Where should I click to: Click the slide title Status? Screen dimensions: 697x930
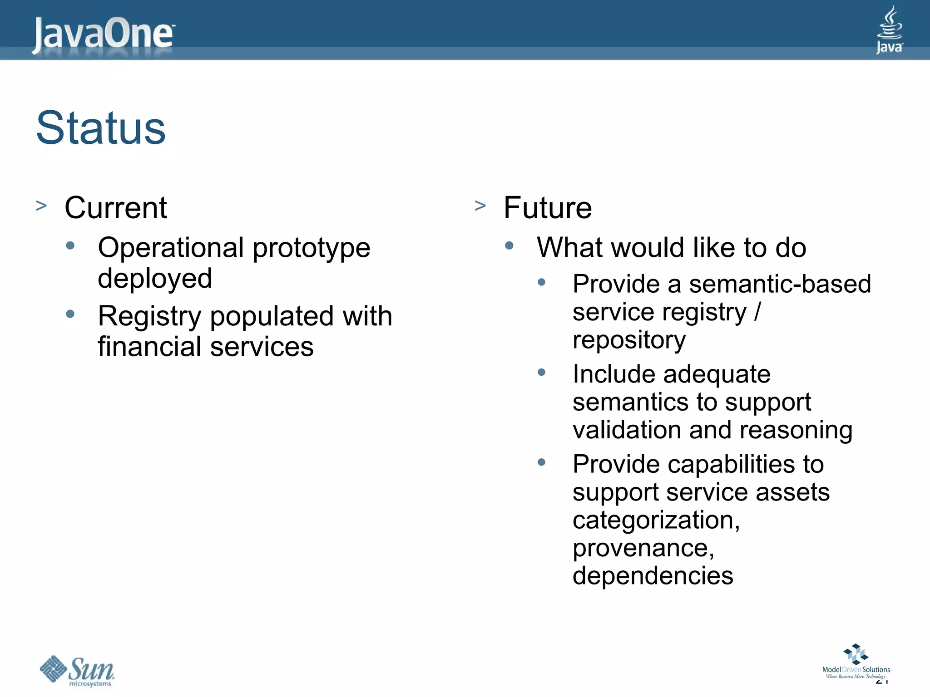coord(101,128)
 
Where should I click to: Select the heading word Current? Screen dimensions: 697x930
coord(116,208)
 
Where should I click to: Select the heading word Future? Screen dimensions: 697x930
coord(548,208)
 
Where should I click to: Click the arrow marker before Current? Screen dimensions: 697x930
coord(41,206)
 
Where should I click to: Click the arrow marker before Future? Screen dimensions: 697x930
coord(480,206)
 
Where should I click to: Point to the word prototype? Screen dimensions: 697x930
coord(311,248)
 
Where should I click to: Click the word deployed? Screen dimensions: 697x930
coord(155,278)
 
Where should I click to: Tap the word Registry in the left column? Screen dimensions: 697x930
coord(149,316)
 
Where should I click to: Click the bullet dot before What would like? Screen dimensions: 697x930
coord(509,246)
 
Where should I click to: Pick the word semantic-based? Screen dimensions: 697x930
coord(780,285)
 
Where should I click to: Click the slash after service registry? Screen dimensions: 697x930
coord(757,312)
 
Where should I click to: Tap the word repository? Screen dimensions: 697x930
coord(629,340)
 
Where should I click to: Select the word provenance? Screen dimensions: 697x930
coord(643,548)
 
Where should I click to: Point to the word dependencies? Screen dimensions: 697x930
coord(653,576)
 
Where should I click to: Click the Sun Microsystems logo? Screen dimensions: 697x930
coord(77,671)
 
